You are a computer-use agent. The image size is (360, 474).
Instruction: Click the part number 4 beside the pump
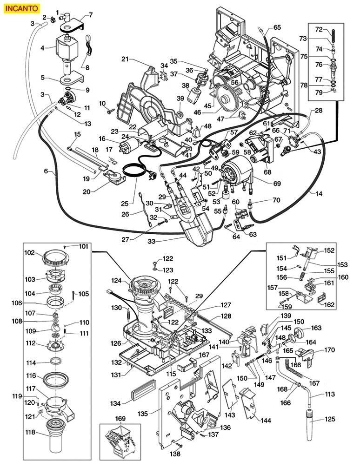(x=42, y=48)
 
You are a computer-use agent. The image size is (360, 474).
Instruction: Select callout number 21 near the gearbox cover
(x=125, y=59)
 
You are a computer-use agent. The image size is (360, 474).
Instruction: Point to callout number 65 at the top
(x=277, y=27)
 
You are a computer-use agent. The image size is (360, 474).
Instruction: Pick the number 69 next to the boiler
(x=277, y=184)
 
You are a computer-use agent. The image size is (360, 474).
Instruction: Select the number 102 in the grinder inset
(x=30, y=253)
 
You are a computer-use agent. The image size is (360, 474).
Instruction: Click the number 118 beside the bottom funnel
(x=30, y=433)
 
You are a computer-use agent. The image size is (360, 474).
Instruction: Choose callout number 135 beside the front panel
(x=143, y=413)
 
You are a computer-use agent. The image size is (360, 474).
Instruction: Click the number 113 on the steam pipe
(x=330, y=395)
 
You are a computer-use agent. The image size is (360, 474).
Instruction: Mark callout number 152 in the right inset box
(x=329, y=250)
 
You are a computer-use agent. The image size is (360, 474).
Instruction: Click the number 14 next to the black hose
(x=319, y=193)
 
